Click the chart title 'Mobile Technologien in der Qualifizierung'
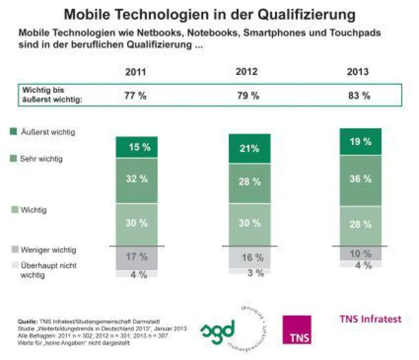tap(209, 14)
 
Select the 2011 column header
tap(136, 72)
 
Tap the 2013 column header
tap(358, 72)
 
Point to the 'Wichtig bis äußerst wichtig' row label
tap(52, 96)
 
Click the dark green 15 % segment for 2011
tap(137, 147)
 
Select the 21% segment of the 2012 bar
tap(249, 149)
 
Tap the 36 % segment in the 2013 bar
tap(361, 179)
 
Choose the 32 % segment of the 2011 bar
tap(137, 179)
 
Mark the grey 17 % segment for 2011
tap(137, 257)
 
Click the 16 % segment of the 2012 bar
tap(249, 257)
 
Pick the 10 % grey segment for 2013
tap(361, 253)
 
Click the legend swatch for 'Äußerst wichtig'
tap(13, 132)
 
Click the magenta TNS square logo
tap(297, 329)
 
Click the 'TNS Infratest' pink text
tap(370, 319)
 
